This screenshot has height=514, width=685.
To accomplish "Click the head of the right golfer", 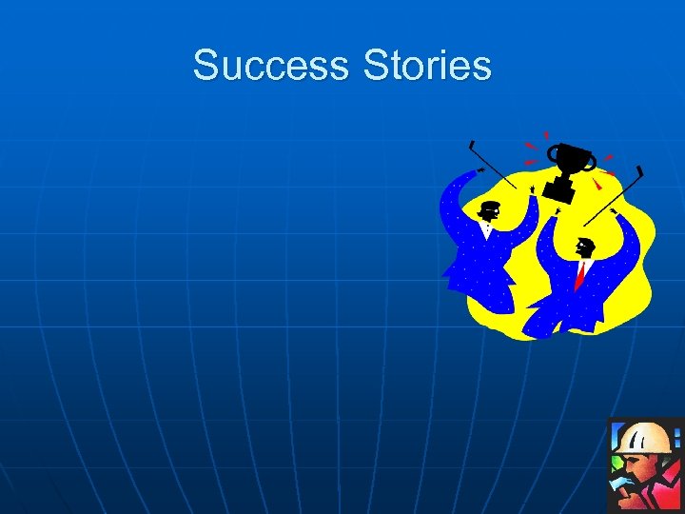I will pos(584,248).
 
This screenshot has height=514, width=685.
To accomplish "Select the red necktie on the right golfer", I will pos(579,275).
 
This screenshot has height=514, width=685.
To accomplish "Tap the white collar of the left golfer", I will pos(487,228).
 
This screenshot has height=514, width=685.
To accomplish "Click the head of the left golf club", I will pos(471,146).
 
